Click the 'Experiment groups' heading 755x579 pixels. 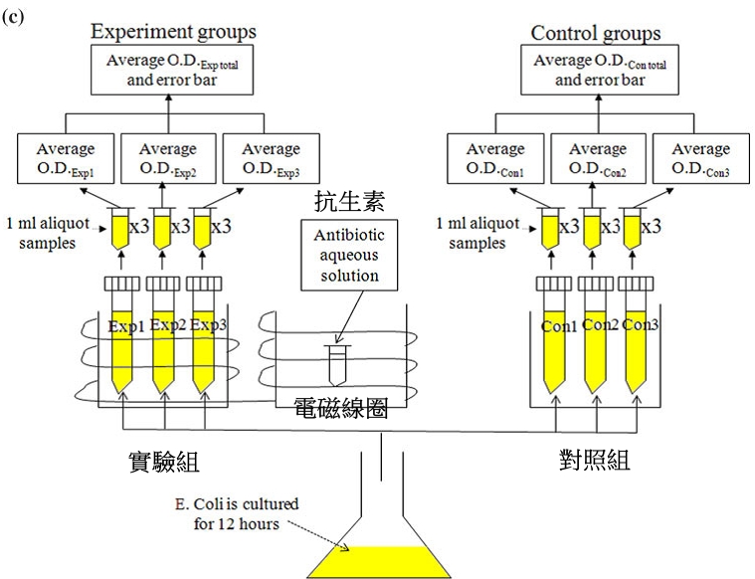tap(173, 32)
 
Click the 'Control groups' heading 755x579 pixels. tap(595, 33)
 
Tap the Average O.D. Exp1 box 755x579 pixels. tap(66, 159)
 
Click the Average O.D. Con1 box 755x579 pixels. tap(494, 159)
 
